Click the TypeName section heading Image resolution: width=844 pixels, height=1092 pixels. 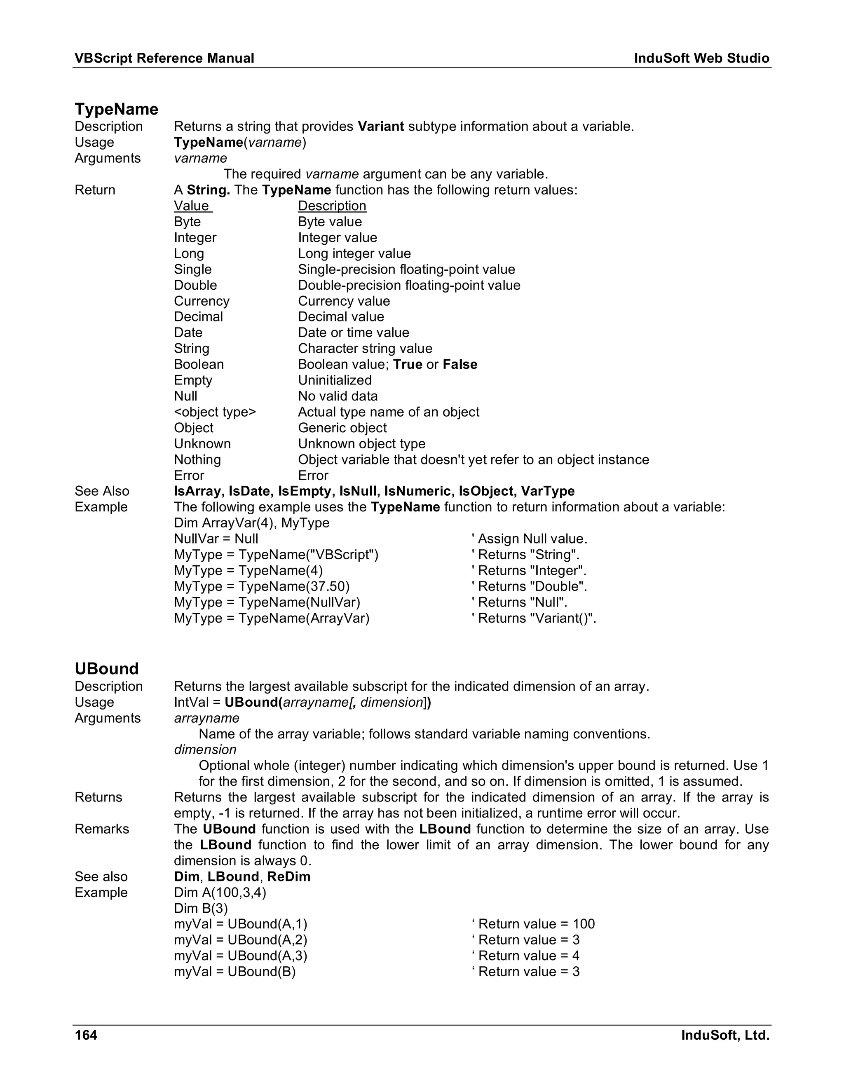click(116, 109)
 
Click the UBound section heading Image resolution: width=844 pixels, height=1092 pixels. click(106, 668)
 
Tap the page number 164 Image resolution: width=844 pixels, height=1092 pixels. click(86, 1034)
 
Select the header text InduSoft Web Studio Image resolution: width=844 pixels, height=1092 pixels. click(701, 59)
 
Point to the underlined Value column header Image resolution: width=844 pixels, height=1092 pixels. click(192, 206)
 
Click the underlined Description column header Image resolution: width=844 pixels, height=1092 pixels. click(332, 206)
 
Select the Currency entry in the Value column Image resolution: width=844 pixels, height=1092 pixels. click(202, 301)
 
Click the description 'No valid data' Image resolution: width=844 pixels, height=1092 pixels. click(338, 396)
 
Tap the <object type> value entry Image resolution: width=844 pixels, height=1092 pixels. click(214, 412)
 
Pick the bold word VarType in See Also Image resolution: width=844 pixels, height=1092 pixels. click(548, 491)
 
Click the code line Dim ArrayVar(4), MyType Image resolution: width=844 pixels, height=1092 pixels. click(251, 523)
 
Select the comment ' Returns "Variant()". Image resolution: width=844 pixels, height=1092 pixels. click(534, 619)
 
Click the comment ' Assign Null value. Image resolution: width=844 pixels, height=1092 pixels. click(529, 539)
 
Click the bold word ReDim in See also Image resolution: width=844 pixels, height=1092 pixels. click(288, 876)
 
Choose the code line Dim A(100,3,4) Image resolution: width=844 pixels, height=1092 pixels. click(220, 893)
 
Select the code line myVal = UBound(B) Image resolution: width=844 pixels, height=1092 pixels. click(234, 972)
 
